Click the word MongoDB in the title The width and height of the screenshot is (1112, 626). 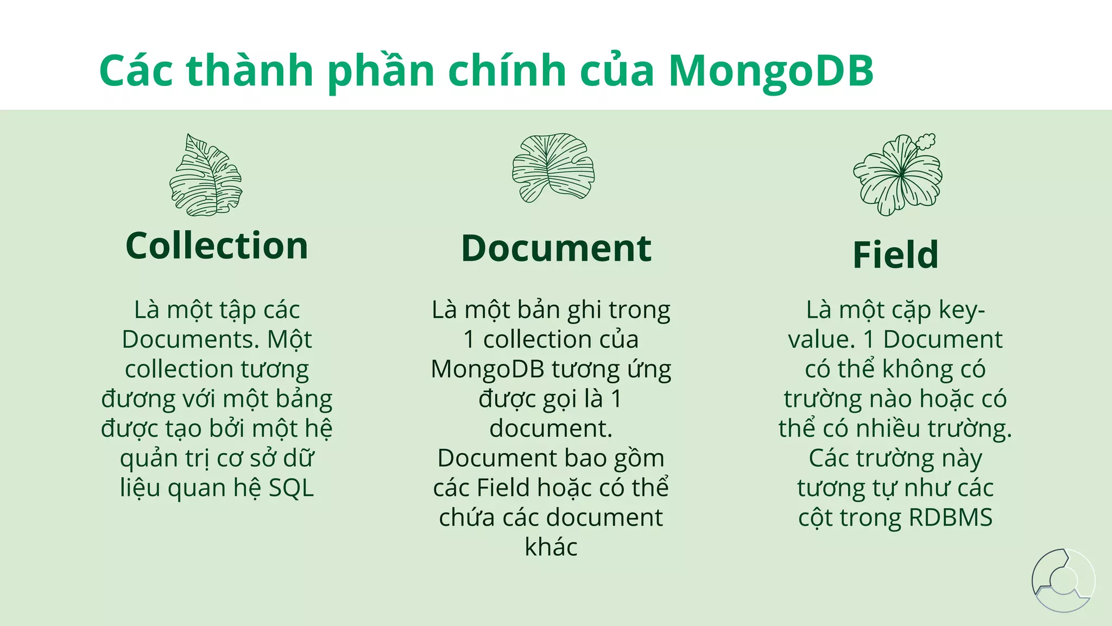pyautogui.click(x=770, y=71)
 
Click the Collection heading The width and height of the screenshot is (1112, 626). pyautogui.click(x=217, y=246)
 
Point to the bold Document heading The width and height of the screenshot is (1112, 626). pyautogui.click(x=556, y=249)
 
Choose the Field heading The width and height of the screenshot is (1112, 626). pyautogui.click(x=895, y=255)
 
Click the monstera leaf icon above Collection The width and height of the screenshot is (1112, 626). pyautogui.click(x=206, y=175)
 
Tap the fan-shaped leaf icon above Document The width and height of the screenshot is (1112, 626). pyautogui.click(x=553, y=167)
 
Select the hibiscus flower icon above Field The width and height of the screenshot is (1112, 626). pyautogui.click(x=896, y=176)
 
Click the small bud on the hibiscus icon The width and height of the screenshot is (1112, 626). pyautogui.click(x=926, y=141)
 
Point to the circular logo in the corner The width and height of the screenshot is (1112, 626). pyautogui.click(x=1063, y=580)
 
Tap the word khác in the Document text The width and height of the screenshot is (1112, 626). pyautogui.click(x=551, y=547)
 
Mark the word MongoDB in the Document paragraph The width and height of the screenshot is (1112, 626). pyautogui.click(x=487, y=370)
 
